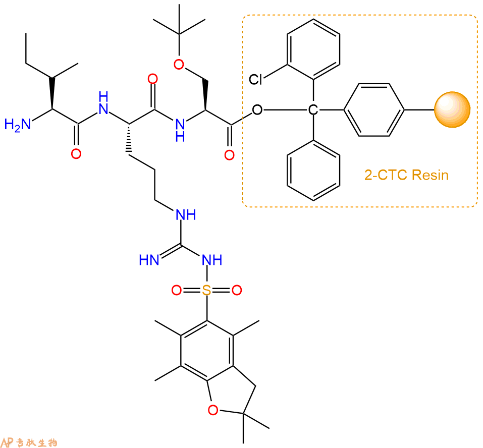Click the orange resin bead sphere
click(452, 109)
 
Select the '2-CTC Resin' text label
click(406, 175)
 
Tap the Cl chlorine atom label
click(255, 79)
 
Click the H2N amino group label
click(18, 125)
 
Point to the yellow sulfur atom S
click(207, 290)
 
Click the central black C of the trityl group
click(313, 109)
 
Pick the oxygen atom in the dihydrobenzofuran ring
click(213, 410)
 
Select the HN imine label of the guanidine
click(149, 260)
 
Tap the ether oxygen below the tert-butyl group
click(179, 65)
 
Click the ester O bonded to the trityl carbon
click(257, 109)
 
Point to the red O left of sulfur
click(177, 290)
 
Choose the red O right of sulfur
click(237, 290)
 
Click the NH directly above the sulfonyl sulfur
click(212, 260)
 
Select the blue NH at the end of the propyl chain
click(186, 214)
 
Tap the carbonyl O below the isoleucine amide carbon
click(76, 154)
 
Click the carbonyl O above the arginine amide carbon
click(152, 79)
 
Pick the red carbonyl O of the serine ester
click(229, 155)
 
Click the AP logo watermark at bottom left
click(29, 442)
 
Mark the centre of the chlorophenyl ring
click(313, 49)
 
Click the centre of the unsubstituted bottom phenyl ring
click(313, 171)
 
